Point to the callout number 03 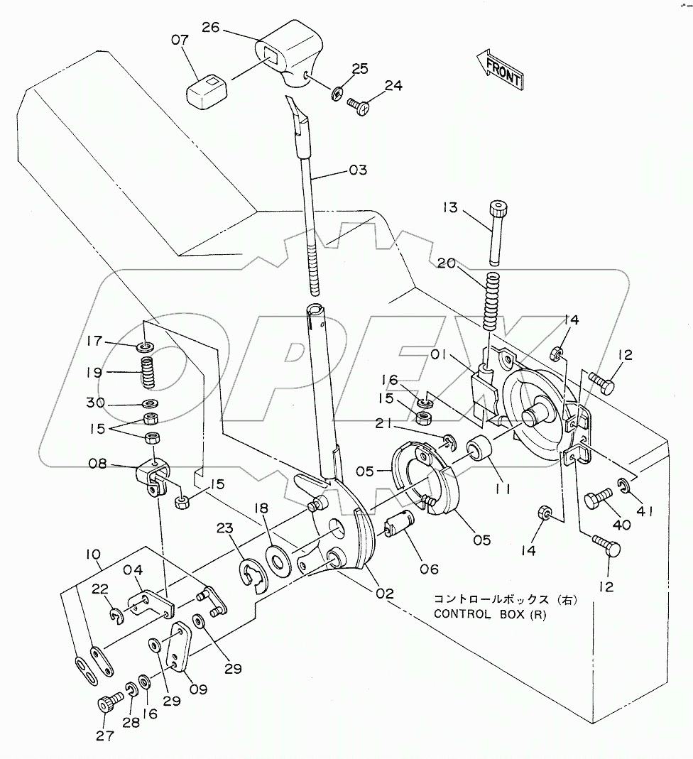click(x=358, y=170)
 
